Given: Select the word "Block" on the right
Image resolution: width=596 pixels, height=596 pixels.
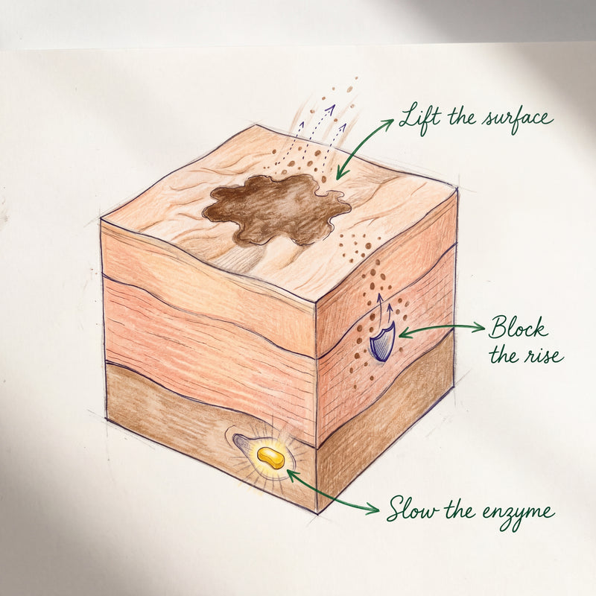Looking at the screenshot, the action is click(x=518, y=327).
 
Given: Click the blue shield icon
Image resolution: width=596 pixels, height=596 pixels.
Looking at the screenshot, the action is click(x=383, y=342).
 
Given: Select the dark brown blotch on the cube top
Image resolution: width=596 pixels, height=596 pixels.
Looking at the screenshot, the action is click(x=276, y=210).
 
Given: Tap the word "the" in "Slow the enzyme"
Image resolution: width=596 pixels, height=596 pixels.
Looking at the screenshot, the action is click(x=460, y=509).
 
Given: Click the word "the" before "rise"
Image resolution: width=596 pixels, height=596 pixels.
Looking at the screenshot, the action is click(x=504, y=355).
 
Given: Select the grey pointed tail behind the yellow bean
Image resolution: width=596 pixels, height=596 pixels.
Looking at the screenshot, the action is click(x=244, y=444).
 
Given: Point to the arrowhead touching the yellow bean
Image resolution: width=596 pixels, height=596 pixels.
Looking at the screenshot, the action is click(x=292, y=475).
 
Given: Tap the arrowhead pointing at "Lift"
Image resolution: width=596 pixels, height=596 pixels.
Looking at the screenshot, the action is click(x=387, y=123).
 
